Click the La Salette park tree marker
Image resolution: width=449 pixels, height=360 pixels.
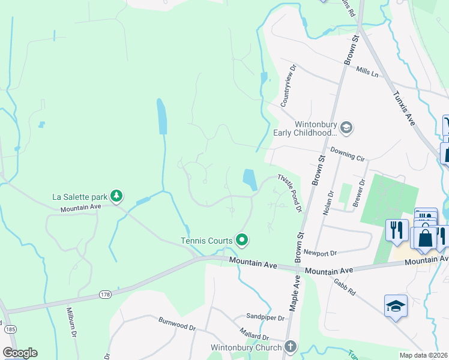tap(116, 196)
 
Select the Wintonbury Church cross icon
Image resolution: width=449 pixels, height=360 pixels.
tap(291, 347)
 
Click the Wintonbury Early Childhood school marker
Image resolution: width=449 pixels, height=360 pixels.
tap(346, 127)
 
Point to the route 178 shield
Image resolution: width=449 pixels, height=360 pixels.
tap(106, 295)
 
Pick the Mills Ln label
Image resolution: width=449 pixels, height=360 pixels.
tap(367, 73)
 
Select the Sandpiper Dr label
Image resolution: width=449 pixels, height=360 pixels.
tap(265, 316)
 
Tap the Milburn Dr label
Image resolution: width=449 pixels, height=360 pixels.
tap(70, 325)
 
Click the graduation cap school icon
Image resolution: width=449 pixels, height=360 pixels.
tap(396, 306)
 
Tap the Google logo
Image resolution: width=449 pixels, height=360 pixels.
tap(20, 353)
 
